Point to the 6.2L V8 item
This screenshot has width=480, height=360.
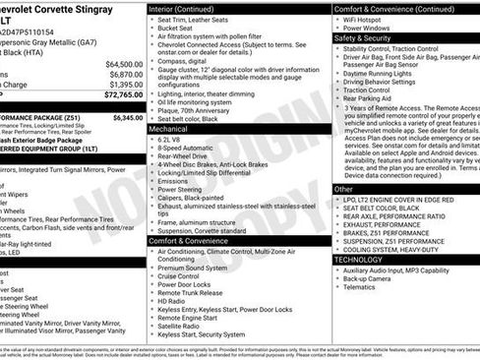point(174,140)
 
